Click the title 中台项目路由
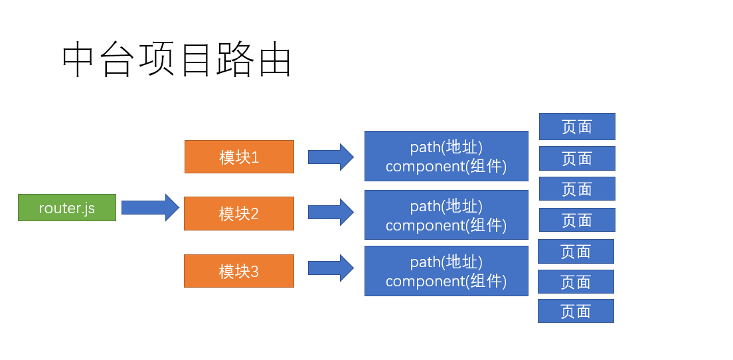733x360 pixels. [177, 62]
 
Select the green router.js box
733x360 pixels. [67, 208]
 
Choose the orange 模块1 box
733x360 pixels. [239, 157]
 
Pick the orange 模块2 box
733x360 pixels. [239, 213]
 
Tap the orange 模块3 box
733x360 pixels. [239, 271]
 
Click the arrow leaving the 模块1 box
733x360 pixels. [331, 157]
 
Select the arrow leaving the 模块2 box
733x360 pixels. [331, 213]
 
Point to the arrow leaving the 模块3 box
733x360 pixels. [331, 268]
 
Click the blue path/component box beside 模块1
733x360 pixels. [446, 156]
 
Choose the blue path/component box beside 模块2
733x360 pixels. [446, 215]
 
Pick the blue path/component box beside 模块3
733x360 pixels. [446, 271]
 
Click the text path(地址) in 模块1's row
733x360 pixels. [446, 147]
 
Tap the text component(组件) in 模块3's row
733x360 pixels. [446, 281]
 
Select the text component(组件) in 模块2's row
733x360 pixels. [446, 225]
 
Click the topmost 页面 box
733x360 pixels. [577, 126]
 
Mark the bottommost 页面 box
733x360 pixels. [576, 311]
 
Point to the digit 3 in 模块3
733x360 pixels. [254, 271]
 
